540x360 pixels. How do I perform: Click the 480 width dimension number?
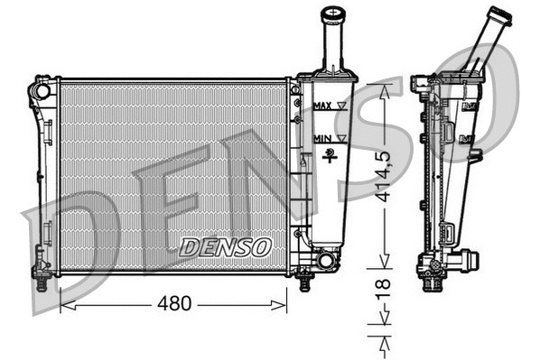point(173,304)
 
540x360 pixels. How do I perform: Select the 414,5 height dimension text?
point(386,177)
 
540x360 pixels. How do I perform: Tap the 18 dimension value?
point(386,291)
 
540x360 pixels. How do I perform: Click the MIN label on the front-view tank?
point(321,138)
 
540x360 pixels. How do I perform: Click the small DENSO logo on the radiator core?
point(225,245)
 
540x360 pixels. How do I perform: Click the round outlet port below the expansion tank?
point(325,262)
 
